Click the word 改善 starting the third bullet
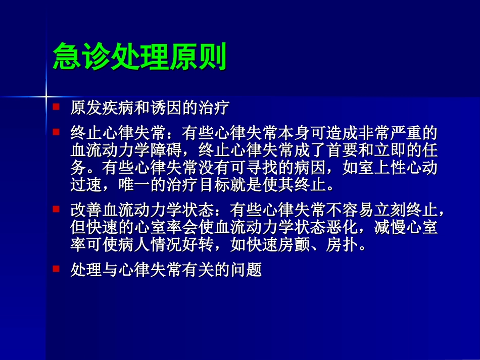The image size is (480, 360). coord(83,209)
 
